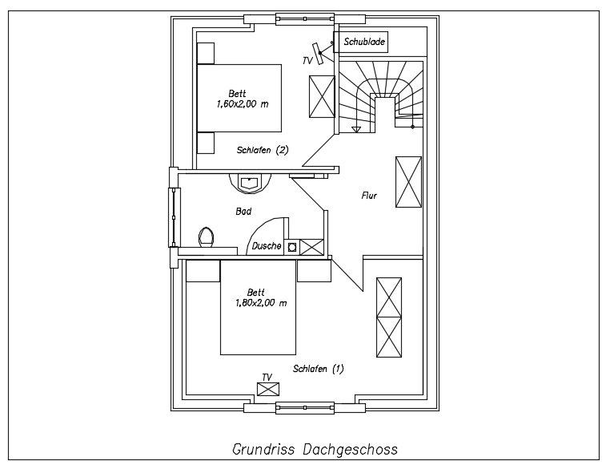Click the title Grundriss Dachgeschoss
click(314, 448)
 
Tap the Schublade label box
click(364, 42)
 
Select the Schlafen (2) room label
click(262, 150)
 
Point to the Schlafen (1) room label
click(318, 369)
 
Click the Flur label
click(369, 195)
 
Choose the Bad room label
click(243, 212)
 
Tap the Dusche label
click(267, 246)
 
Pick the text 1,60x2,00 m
click(243, 103)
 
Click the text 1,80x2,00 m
click(261, 302)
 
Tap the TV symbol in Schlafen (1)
click(267, 389)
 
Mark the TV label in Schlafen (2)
click(307, 60)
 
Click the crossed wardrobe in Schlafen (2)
click(321, 97)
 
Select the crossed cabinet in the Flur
click(408, 182)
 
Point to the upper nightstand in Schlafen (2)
click(206, 52)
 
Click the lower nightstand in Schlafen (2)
click(206, 143)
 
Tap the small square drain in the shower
click(292, 247)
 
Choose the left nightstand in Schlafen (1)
click(203, 271)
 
